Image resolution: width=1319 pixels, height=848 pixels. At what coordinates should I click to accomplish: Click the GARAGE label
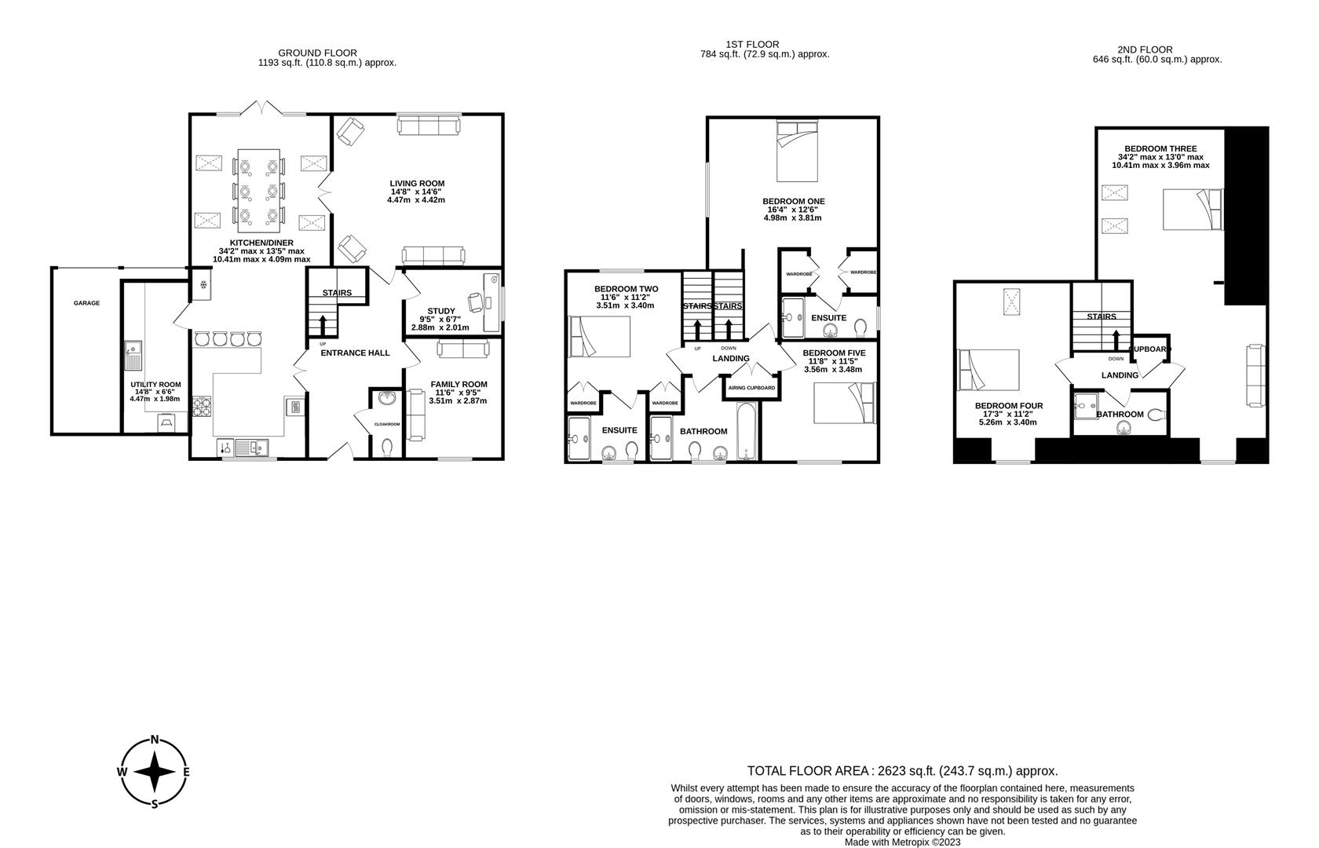coord(86,303)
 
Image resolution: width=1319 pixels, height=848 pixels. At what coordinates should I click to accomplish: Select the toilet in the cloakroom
coord(386,447)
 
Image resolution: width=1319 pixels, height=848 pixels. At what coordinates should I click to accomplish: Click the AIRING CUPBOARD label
coord(751,388)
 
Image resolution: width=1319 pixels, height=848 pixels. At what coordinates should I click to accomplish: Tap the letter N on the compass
coord(155,740)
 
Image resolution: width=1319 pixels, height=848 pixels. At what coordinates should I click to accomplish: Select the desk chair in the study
coord(476,302)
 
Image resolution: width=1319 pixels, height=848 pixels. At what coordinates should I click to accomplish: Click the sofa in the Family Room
coord(415,414)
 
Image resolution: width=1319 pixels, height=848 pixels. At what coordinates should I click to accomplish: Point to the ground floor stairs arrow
coord(323,323)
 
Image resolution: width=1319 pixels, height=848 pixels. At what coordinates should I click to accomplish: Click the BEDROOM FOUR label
coord(1009,406)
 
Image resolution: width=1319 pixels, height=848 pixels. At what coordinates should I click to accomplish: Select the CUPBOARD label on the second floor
coord(1150,349)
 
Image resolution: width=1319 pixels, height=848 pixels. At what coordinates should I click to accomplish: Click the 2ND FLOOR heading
coord(1157,49)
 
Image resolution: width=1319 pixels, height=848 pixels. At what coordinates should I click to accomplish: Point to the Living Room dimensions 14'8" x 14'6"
coord(416,192)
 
